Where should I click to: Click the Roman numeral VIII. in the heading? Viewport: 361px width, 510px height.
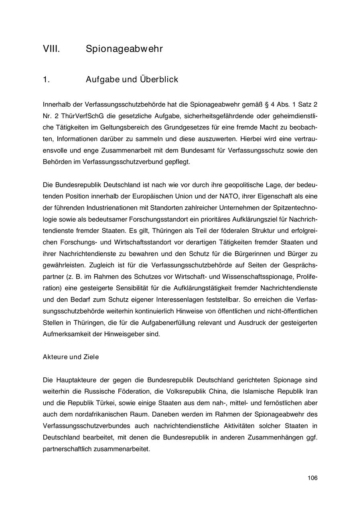pyautogui.click(x=51, y=49)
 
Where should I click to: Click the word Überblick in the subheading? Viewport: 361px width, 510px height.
pyautogui.click(x=159, y=79)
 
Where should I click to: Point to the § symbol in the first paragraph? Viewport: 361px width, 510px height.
pyautogui.click(x=268, y=105)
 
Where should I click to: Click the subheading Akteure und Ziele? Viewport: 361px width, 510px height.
pyautogui.click(x=71, y=357)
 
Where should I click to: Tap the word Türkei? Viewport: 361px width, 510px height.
pyautogui.click(x=104, y=403)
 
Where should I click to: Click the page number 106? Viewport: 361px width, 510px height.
pyautogui.click(x=312, y=478)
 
